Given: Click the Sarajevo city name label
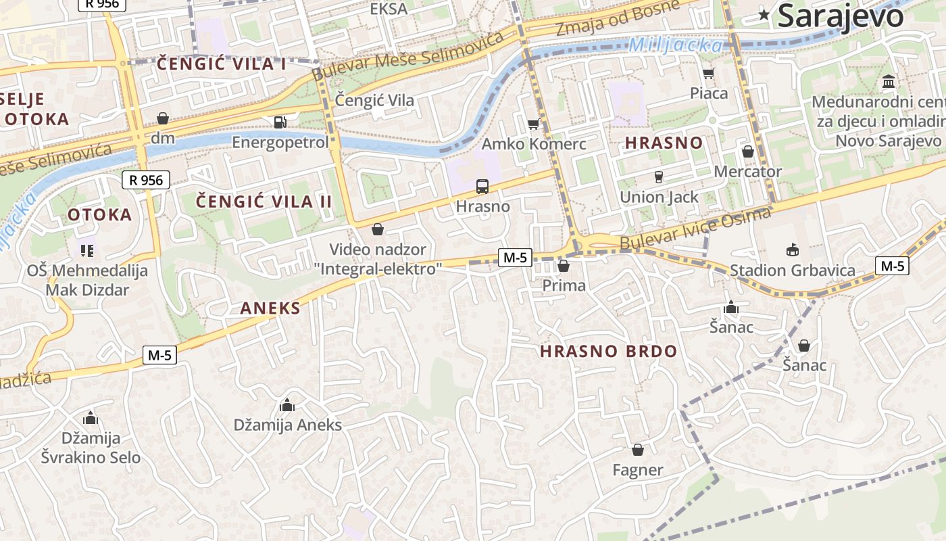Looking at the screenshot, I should click(x=840, y=15).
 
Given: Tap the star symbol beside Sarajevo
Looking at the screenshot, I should click(x=764, y=14).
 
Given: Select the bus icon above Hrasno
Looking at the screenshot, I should click(x=482, y=186).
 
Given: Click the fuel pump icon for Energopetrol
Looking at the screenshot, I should click(x=280, y=122).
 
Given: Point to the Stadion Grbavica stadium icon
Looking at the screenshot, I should click(x=792, y=250).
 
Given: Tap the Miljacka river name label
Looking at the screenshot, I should click(x=675, y=45).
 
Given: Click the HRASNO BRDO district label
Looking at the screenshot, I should click(x=608, y=351).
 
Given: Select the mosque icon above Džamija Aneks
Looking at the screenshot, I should click(x=287, y=405).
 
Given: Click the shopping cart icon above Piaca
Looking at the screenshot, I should click(x=708, y=73).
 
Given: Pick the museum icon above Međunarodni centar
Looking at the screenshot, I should click(x=889, y=82).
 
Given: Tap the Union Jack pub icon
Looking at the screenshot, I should click(x=659, y=177).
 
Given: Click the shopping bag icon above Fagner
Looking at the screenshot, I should click(x=637, y=450).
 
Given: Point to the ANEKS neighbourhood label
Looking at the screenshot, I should click(x=270, y=308).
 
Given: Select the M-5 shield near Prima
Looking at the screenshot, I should click(x=515, y=257).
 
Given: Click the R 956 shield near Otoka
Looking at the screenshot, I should click(x=146, y=180).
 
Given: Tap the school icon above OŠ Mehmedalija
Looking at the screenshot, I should click(x=86, y=251).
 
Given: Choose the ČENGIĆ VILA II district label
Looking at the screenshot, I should click(x=255, y=202).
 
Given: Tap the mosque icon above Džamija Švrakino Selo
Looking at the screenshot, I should click(x=91, y=419).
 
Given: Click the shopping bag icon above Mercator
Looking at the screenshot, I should click(x=747, y=151).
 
